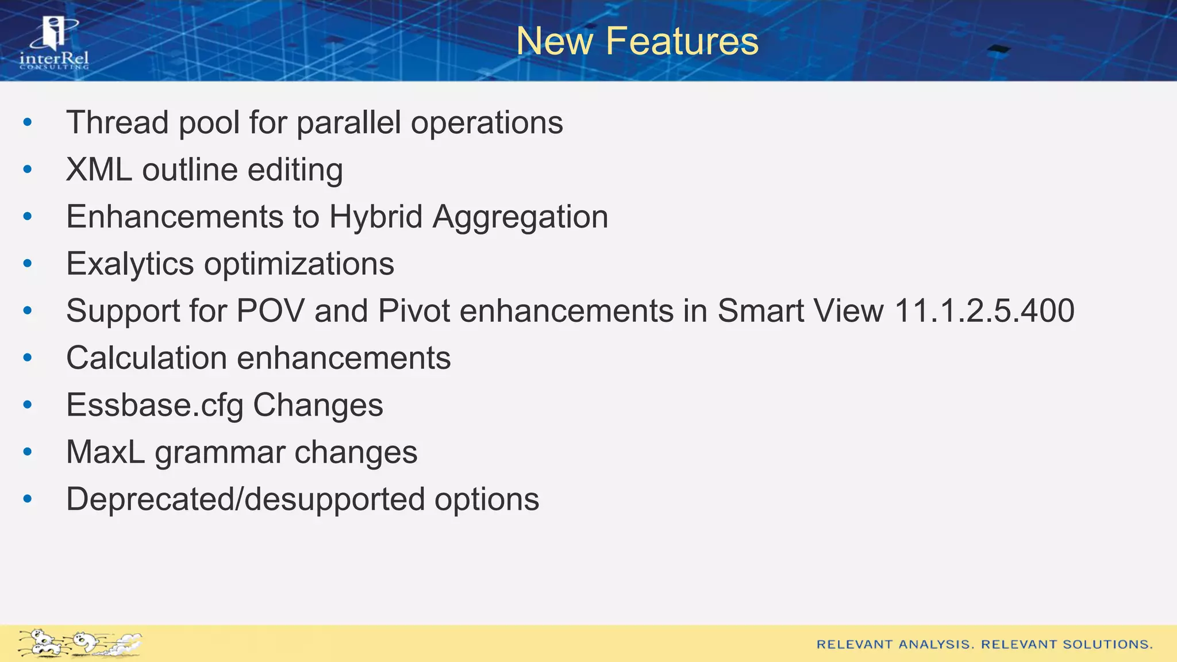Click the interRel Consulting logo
pyautogui.click(x=54, y=44)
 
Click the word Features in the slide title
pyautogui.click(x=682, y=41)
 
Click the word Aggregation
pyautogui.click(x=520, y=217)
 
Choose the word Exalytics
pyautogui.click(x=130, y=264)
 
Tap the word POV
pyautogui.click(x=270, y=311)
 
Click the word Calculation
pyautogui.click(x=147, y=358)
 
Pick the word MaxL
pyautogui.click(x=105, y=452)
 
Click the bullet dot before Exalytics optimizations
pyautogui.click(x=28, y=264)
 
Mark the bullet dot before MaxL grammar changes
pyautogui.click(x=28, y=452)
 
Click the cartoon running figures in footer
pyautogui.click(x=79, y=643)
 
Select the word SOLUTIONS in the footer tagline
pyautogui.click(x=1107, y=645)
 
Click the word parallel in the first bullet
pyautogui.click(x=348, y=122)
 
